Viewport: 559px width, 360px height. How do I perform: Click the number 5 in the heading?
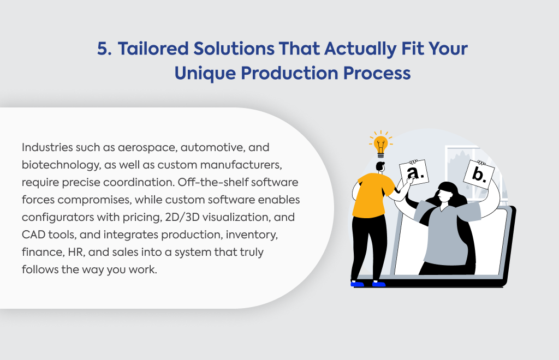[104, 49]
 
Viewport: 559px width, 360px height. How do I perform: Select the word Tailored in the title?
[153, 49]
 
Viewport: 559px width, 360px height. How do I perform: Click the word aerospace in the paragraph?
[147, 148]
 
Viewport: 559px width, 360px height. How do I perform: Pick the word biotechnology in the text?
[61, 165]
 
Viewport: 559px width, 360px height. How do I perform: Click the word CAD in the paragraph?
[33, 235]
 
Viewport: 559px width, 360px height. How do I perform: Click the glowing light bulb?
[380, 144]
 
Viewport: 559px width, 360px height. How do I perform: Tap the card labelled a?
[414, 172]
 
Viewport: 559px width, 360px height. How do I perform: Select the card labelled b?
[479, 175]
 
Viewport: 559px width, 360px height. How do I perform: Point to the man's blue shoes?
[368, 284]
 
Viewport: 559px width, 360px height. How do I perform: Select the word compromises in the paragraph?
[94, 200]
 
